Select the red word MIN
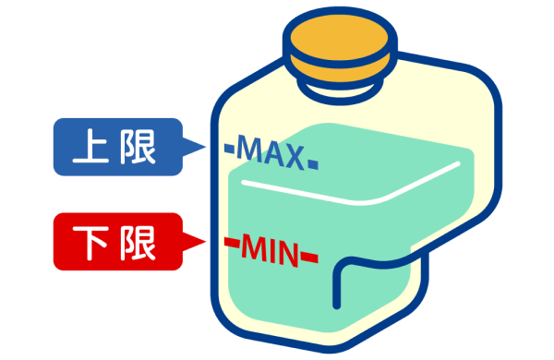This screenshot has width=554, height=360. [270, 249]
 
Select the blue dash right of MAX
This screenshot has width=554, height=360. [313, 164]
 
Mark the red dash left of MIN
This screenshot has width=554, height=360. [231, 244]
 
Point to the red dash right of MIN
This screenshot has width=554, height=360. [310, 257]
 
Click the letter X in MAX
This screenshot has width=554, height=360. [294, 157]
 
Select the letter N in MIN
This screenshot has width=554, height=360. [288, 252]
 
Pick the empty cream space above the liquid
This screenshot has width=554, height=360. [406, 111]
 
